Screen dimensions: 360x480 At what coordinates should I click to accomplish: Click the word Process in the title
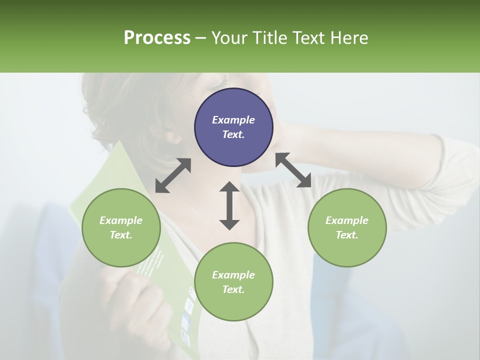[x=157, y=38]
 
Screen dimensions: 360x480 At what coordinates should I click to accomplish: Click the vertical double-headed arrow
[x=229, y=205]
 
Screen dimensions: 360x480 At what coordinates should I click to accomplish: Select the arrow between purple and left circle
[x=173, y=175]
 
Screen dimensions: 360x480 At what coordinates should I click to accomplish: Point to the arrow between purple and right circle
[x=293, y=170]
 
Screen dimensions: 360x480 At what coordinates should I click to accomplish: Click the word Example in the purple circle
[x=233, y=120]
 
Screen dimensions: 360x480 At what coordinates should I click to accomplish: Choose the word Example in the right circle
[x=347, y=220]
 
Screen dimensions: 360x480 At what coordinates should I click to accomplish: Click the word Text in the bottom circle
[x=232, y=289]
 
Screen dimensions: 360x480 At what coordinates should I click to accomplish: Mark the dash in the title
[x=200, y=38]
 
